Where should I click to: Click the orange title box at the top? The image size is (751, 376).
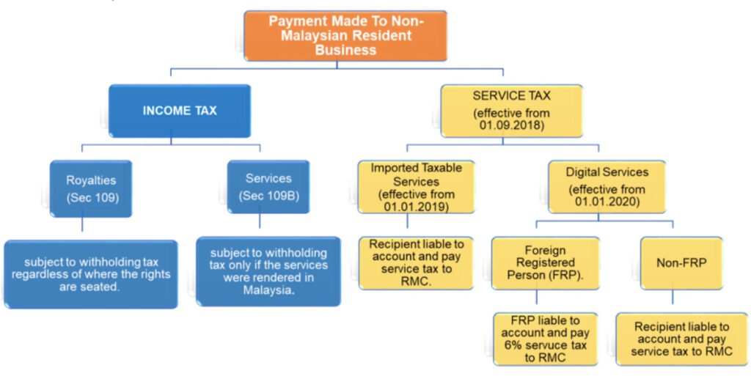click(345, 35)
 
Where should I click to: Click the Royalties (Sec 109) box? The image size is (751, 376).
click(92, 188)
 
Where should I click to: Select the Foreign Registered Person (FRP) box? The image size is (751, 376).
click(545, 262)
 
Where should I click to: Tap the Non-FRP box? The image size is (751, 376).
click(674, 262)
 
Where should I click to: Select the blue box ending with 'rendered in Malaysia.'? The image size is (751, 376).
click(268, 270)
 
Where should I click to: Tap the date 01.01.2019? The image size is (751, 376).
click(416, 208)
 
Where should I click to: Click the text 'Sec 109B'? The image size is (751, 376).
click(268, 197)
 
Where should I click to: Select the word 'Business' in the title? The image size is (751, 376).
click(345, 51)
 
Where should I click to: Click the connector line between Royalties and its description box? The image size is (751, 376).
click(82, 228)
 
